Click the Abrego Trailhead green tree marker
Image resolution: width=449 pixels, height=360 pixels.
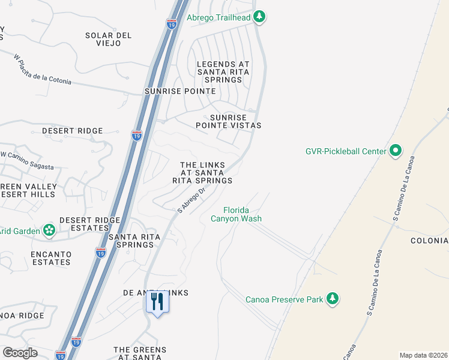(259, 17)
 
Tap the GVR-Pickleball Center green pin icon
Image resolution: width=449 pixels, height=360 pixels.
(396, 151)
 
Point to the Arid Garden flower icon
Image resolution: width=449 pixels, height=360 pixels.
(49, 230)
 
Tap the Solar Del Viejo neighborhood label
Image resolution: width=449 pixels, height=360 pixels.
(108, 40)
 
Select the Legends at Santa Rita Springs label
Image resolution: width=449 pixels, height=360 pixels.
(223, 71)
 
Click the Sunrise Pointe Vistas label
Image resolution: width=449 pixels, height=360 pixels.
(228, 121)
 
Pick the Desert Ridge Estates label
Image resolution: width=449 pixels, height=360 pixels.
(89, 224)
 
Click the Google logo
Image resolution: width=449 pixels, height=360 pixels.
(20, 352)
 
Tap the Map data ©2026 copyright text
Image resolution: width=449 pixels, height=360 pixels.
(423, 355)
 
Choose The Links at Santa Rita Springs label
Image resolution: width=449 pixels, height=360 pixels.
(202, 172)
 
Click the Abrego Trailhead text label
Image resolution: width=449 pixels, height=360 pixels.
(218, 17)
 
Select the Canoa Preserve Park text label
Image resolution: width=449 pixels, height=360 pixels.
(285, 299)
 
